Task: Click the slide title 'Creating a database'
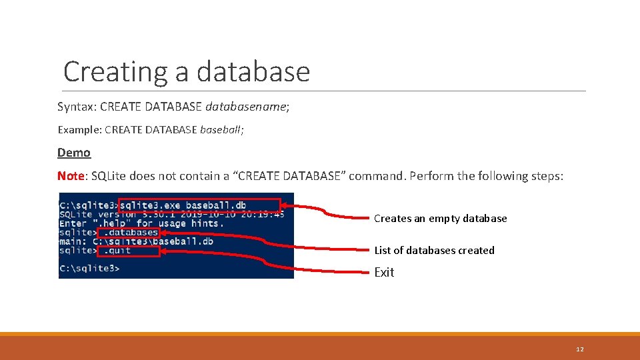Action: pyautogui.click(x=187, y=72)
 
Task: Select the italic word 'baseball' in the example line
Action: pyautogui.click(x=221, y=129)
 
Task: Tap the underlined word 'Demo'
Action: pyautogui.click(x=74, y=153)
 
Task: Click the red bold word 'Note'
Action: pyautogui.click(x=71, y=176)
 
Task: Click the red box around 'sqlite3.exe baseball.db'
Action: pyautogui.click(x=199, y=205)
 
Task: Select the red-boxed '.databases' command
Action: pyautogui.click(x=128, y=233)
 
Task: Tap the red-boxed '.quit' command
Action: pyautogui.click(x=128, y=251)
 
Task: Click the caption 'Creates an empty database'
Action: pyautogui.click(x=440, y=219)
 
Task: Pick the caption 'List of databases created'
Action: pyautogui.click(x=434, y=251)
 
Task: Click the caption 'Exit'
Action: pyautogui.click(x=384, y=272)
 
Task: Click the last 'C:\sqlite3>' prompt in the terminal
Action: pyautogui.click(x=89, y=269)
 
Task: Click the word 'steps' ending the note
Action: pyautogui.click(x=547, y=176)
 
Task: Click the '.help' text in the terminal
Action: pyautogui.click(x=113, y=223)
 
